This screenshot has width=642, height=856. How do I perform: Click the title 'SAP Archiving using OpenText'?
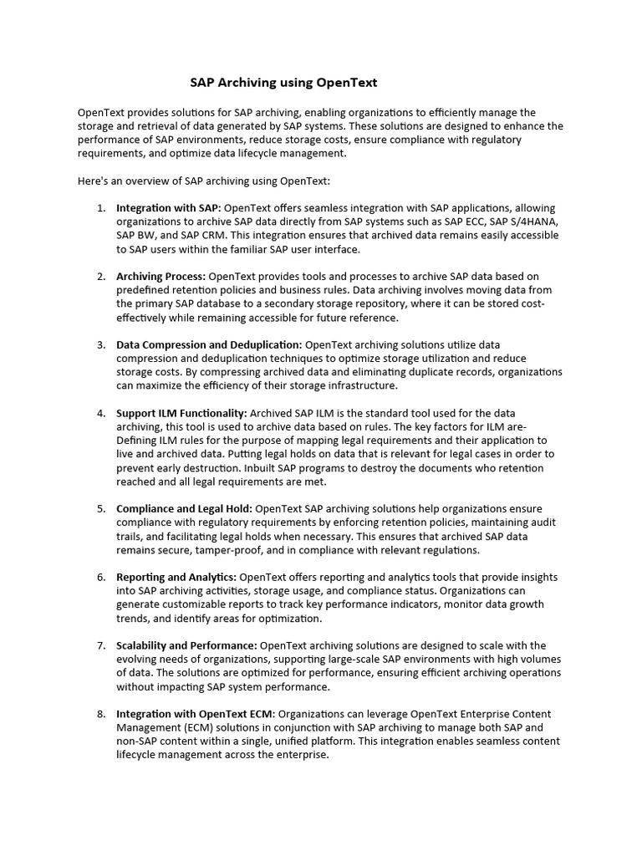coord(283,82)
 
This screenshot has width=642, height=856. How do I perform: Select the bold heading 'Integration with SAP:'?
coord(168,207)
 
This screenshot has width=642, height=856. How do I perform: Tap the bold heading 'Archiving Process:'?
coord(160,276)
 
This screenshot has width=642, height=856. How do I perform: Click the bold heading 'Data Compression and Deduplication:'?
coord(209,344)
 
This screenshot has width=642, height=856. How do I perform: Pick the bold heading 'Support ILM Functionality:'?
coord(181,413)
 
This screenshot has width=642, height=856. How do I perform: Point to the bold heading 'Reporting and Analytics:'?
coord(176,577)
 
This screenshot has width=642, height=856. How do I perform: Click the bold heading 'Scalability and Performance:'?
coord(186,645)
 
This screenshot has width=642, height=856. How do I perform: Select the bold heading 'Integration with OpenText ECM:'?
coord(195,714)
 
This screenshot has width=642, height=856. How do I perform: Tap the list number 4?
coord(101,413)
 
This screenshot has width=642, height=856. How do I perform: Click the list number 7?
coord(101,645)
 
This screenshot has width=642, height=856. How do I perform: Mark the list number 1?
coord(101,207)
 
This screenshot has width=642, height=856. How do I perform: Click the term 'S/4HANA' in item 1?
coord(535,222)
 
